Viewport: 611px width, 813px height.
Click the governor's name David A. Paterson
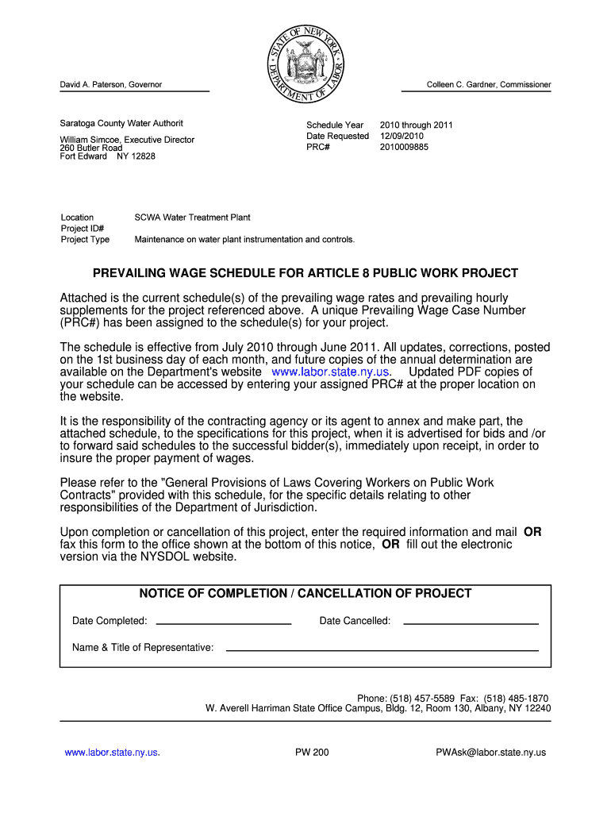coord(111,85)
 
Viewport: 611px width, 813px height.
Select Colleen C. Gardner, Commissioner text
coord(489,85)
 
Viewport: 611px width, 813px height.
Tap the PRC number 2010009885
coord(404,147)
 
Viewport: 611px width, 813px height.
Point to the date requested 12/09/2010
coord(402,136)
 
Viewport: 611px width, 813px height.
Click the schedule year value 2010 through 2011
coord(416,125)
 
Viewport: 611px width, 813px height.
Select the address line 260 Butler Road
coord(91,148)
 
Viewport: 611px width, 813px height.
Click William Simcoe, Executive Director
coord(127,140)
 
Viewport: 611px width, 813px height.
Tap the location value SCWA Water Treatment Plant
coord(193,217)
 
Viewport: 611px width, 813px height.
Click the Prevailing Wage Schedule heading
coord(305,273)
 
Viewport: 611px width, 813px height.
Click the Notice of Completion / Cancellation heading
coord(305,594)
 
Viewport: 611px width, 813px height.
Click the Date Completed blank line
coord(224,622)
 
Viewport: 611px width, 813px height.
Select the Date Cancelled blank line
coord(471,622)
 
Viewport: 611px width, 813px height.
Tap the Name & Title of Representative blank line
coord(382,649)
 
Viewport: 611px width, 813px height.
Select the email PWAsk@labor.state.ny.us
coord(491,753)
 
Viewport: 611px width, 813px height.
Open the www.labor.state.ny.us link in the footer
coord(112,753)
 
